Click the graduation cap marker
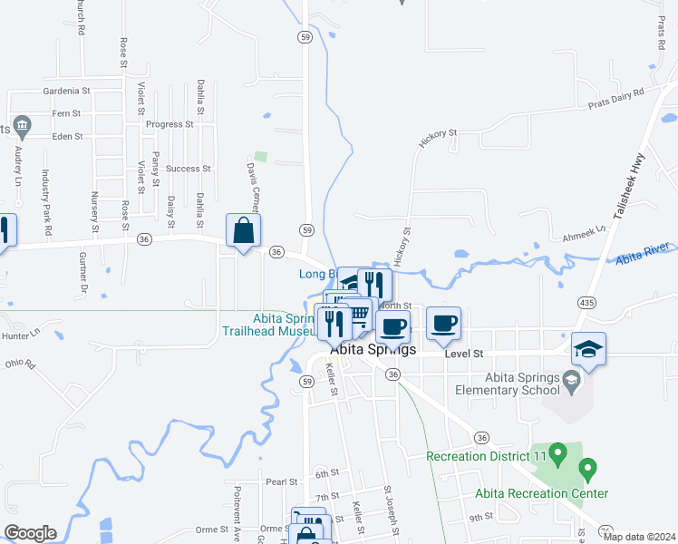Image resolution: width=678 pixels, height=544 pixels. (x=588, y=349)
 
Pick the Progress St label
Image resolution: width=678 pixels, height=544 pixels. (x=169, y=124)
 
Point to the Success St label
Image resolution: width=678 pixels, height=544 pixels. (x=188, y=169)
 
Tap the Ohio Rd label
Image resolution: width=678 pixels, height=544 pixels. (x=19, y=364)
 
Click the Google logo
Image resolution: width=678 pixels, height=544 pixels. (x=30, y=533)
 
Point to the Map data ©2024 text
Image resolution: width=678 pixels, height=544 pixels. (x=640, y=537)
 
